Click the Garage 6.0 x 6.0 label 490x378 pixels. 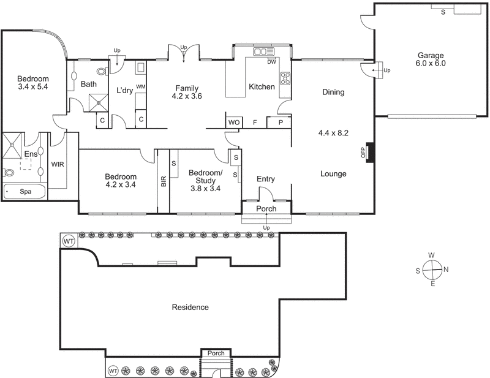[x=431, y=59]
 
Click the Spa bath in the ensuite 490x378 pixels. [x=25, y=192]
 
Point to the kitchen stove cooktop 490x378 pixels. [x=285, y=78]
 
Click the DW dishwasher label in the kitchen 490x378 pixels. [x=271, y=61]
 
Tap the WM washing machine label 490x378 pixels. [x=140, y=87]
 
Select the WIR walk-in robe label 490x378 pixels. [x=58, y=165]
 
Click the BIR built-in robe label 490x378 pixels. [x=164, y=181]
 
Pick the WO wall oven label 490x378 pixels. [x=233, y=123]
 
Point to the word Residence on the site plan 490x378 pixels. [x=190, y=308]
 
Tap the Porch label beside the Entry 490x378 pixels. [x=266, y=209]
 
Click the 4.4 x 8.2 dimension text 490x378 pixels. [x=333, y=132]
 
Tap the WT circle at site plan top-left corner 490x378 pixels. [x=69, y=241]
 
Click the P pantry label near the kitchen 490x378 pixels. [x=280, y=123]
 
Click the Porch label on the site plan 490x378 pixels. [x=216, y=353]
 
